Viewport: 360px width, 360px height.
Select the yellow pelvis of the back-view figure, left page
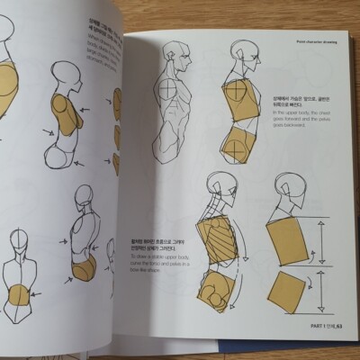click(84, 268)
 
